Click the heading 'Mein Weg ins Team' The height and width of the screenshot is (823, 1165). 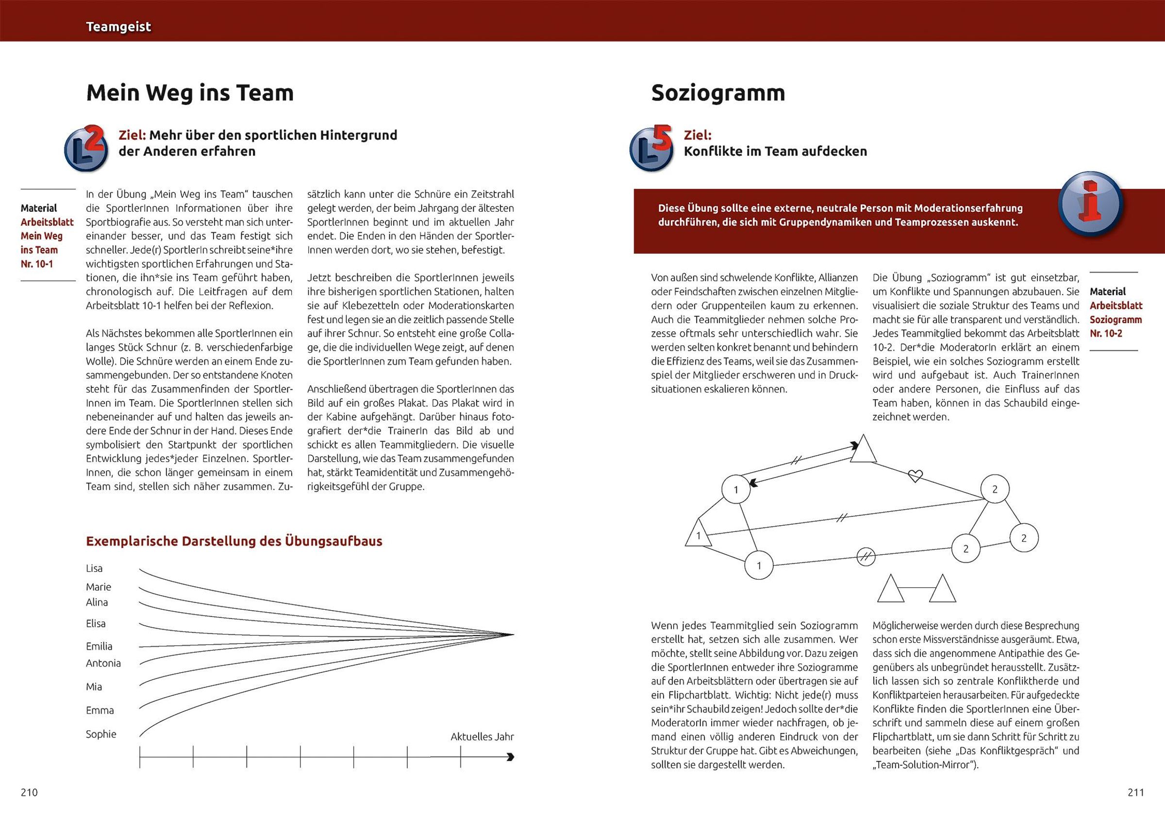point(190,93)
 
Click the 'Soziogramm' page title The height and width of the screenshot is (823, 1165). point(718,93)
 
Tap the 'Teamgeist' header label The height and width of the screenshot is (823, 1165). point(118,27)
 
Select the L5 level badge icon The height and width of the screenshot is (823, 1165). point(651,149)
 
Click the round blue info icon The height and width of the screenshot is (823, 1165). point(1090,206)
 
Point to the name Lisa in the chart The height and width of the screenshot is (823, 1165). point(94,568)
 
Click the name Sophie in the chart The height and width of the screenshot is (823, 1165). point(101,734)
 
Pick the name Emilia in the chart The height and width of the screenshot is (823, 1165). point(99,646)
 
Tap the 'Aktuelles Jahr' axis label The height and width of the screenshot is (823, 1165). point(482,737)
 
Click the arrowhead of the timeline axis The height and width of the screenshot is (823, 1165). point(510,757)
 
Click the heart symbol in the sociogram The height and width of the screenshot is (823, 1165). point(915,476)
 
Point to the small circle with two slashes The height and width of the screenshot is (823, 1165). point(866,557)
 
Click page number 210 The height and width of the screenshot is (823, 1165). point(30,792)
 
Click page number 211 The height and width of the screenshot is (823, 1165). point(1135,792)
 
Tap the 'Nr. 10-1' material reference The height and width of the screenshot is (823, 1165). point(37,264)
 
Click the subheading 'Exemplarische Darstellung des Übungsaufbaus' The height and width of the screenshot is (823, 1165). point(234,541)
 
